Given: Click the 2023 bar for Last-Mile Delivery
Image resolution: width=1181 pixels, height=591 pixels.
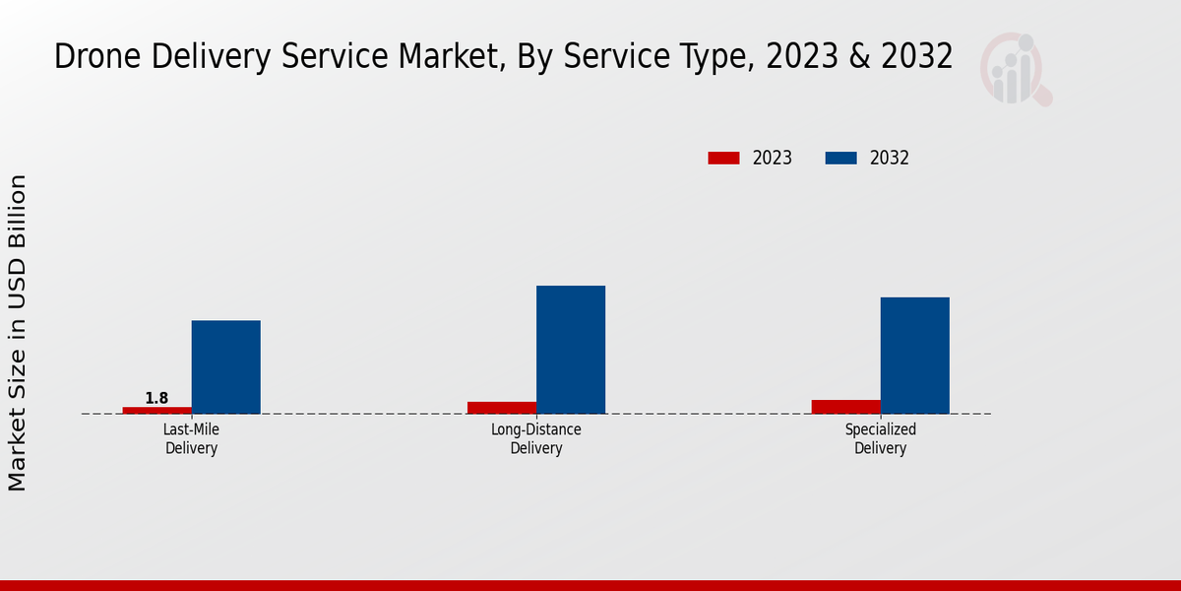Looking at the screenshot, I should pos(156,410).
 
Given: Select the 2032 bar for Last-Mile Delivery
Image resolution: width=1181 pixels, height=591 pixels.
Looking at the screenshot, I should pos(225,366).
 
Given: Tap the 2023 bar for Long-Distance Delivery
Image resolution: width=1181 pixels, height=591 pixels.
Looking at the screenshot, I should pos(502,407).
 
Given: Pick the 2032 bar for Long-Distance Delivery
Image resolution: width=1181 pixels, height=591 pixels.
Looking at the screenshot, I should pos(571,350).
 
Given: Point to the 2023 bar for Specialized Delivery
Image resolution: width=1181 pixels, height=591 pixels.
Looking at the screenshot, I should pos(846,406).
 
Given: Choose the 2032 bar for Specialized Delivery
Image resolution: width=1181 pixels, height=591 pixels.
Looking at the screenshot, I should pos(915,356).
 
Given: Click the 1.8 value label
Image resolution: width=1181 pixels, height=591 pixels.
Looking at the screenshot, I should pos(156,398).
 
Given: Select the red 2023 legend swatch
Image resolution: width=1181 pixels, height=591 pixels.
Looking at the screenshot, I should pos(723,158).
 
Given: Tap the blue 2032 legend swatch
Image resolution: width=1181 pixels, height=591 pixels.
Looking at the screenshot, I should pos(840,158).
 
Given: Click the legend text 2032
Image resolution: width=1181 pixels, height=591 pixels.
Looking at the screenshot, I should pos(890,158).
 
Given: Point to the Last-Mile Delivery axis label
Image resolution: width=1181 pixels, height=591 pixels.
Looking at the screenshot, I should pos(191,439).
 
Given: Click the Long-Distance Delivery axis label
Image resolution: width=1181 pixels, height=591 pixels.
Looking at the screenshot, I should pos(536,439).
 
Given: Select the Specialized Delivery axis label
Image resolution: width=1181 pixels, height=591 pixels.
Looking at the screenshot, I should pos(881,439).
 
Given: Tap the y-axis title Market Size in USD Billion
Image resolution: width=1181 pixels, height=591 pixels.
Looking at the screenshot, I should pos(18,333).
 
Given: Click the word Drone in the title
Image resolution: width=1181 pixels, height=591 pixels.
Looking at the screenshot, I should pos(92,57).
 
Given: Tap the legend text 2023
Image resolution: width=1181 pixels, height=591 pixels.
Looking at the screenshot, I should pos(772,158).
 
